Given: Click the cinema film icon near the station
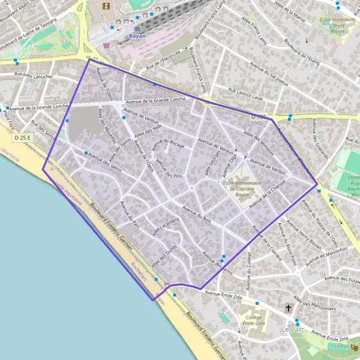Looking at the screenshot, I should coord(107,7).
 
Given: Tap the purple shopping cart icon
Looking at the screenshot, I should coord(106,44).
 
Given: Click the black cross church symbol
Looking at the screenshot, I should coord(289,308).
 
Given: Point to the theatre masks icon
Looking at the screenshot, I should coord(355,346).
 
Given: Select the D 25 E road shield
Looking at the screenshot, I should coord(22,138).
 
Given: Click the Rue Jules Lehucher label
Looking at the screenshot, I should coord(34,76).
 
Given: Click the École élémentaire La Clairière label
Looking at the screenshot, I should coord(241,185).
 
